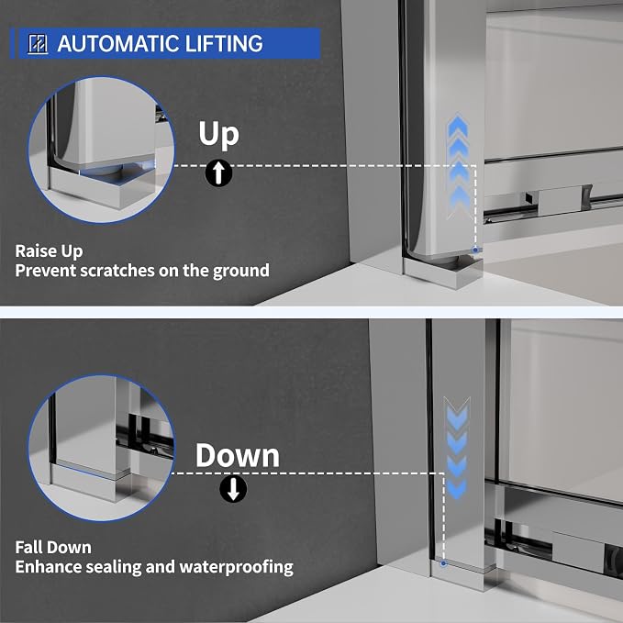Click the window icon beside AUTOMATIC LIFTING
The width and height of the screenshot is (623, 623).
click(39, 44)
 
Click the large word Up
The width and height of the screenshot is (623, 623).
click(218, 134)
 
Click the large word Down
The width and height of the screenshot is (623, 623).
click(238, 455)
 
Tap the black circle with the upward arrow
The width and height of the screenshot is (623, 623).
click(219, 172)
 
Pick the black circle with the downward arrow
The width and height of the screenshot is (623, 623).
click(233, 489)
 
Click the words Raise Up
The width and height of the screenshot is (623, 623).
click(49, 251)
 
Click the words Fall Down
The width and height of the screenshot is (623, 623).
click(53, 548)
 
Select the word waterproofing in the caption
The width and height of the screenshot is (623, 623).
click(237, 567)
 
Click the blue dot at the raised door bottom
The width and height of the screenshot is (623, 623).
click(475, 250)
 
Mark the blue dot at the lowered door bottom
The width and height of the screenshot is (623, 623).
click(444, 563)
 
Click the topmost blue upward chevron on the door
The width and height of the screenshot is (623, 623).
click(458, 125)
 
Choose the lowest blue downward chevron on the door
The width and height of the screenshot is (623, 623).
click(457, 489)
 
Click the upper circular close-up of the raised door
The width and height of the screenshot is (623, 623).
click(101, 150)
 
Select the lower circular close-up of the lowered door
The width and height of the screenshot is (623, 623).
click(101, 448)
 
